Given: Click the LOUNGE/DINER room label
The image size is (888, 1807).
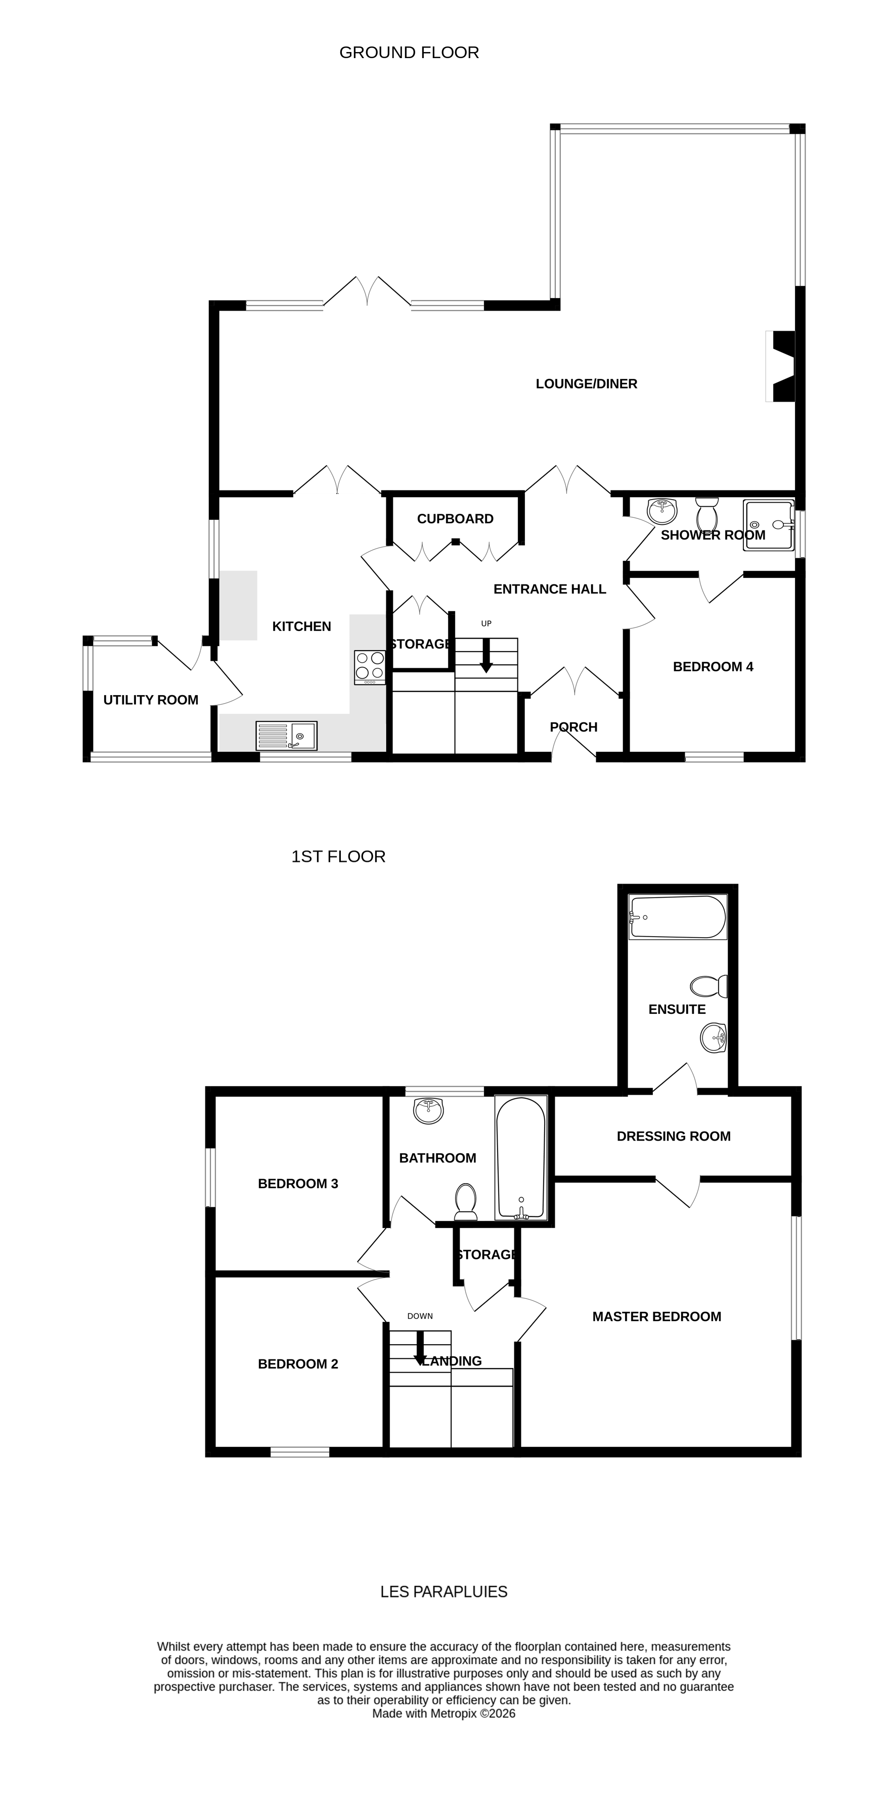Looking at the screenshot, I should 586,384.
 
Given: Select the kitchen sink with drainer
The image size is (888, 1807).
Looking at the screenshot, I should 286,736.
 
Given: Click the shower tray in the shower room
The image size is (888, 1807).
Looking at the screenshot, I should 769,525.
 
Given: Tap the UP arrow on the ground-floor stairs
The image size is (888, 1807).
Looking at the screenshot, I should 486,655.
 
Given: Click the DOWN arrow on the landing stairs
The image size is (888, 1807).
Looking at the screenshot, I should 420,1347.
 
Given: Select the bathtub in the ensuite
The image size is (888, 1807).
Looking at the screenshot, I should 678,917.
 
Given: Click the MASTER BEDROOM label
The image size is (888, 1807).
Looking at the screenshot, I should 656,1316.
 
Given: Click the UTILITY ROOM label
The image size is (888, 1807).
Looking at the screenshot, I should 151,699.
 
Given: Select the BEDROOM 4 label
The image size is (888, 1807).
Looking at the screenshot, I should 713,666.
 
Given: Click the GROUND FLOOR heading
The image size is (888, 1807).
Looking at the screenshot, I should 409,53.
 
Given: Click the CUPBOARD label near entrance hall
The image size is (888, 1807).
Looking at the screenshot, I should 455,518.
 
